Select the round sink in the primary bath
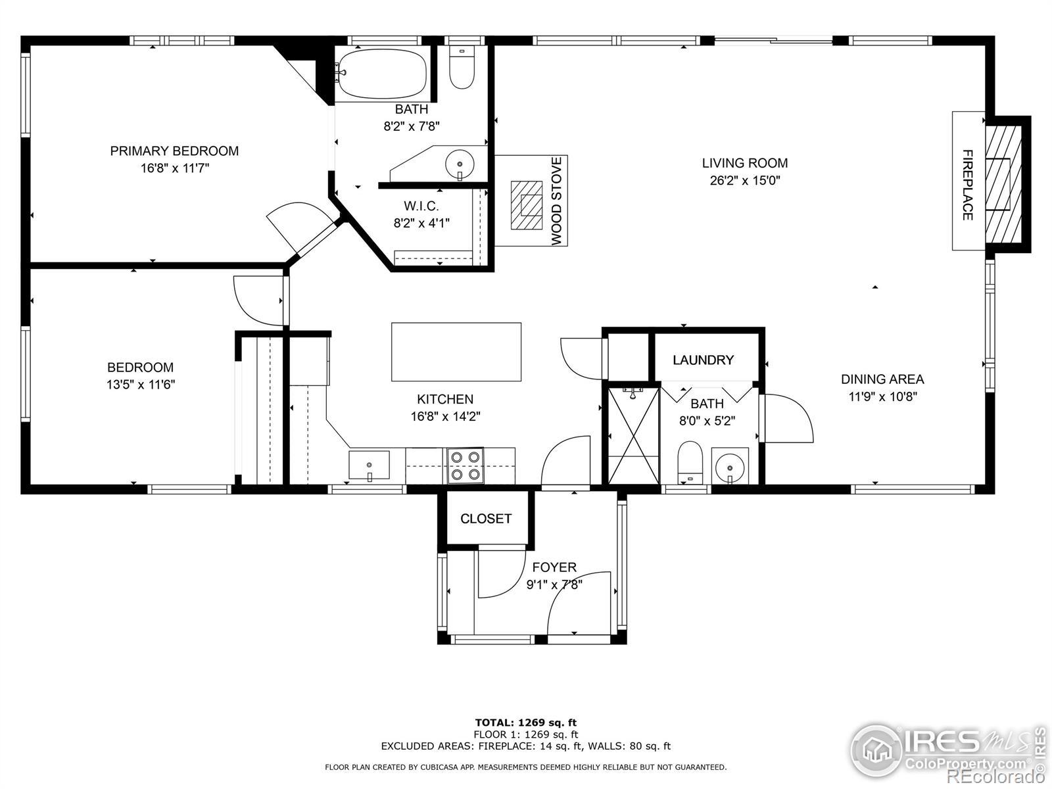pos(460,164)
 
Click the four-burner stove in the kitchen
pos(465,465)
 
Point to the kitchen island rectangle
pos(456,352)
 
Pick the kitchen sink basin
pos(369,465)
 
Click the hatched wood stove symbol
pos(526,205)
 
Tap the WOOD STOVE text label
pos(556,201)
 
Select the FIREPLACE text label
pos(968,185)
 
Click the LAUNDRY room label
pos(703,360)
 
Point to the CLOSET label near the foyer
pos(485,518)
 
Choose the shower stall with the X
pos(633,435)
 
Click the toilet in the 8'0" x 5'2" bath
pos(690,462)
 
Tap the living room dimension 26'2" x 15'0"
pos(745,181)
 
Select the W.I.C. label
pos(421,206)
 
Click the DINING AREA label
pos(882,379)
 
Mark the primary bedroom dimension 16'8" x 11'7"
pos(175,168)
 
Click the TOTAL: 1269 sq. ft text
pos(526,723)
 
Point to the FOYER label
pos(554,567)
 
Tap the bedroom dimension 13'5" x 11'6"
pos(141,385)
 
